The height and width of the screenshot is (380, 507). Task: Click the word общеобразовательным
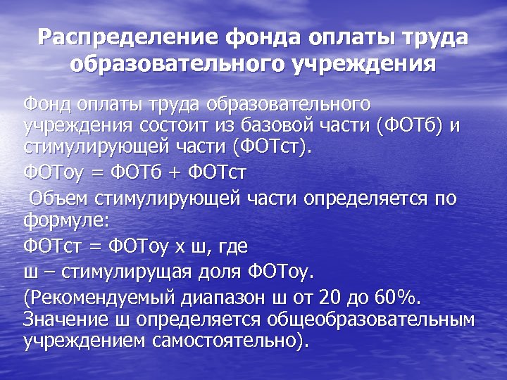coord(370,319)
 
